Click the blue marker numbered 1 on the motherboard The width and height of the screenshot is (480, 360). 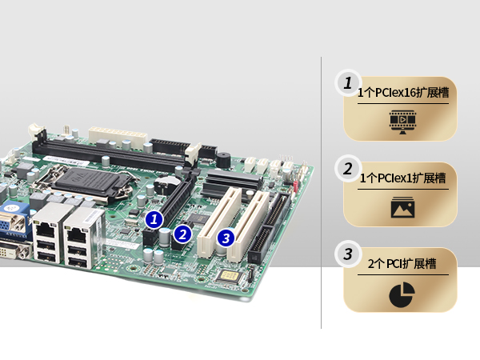(154, 219)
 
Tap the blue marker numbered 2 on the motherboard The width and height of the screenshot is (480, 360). (182, 234)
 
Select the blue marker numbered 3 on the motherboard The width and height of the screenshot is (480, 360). (226, 238)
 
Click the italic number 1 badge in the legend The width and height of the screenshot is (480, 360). (348, 83)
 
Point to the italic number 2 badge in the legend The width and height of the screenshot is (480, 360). (348, 169)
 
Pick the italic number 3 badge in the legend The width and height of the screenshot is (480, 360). (348, 254)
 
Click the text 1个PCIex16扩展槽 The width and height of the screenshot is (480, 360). (403, 93)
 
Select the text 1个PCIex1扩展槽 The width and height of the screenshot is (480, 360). (402, 178)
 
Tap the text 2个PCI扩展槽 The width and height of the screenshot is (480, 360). (402, 263)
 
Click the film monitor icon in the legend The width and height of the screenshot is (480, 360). (402, 122)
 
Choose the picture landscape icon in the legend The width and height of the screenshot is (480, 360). (402, 207)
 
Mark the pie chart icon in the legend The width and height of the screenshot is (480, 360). (402, 294)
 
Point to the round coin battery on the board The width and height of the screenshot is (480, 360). (167, 182)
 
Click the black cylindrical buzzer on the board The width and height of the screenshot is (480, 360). (223, 160)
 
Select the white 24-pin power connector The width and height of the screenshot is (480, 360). (118, 138)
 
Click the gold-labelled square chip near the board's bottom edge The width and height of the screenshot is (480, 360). (227, 276)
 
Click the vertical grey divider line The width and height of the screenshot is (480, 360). (321, 193)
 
